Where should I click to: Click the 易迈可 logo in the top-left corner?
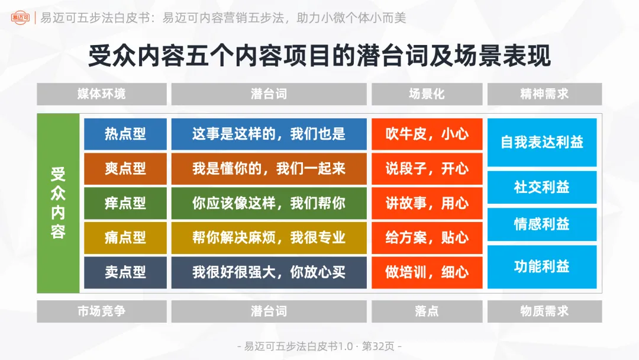(x=20, y=18)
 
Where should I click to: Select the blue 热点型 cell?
(x=125, y=134)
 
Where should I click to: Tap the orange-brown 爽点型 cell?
(x=125, y=168)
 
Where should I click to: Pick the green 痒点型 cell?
(x=125, y=203)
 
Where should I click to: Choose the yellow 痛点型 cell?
(x=125, y=237)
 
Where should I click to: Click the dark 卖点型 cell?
(x=125, y=272)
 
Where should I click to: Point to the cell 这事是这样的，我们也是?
(x=269, y=134)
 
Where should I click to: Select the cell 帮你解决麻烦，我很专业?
(x=269, y=237)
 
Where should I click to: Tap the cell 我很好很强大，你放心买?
(x=269, y=272)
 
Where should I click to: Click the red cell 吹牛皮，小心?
(x=427, y=134)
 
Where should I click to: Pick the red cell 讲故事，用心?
(x=427, y=203)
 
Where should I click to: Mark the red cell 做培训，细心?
(x=427, y=272)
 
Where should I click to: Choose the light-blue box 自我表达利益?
(x=542, y=142)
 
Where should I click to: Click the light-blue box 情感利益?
(x=542, y=224)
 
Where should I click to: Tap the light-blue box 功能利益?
(x=542, y=266)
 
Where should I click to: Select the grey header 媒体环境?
(x=101, y=94)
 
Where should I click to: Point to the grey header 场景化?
(x=427, y=94)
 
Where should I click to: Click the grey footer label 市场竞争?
(x=101, y=311)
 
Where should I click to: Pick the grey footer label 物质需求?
(x=544, y=311)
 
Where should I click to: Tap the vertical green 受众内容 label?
(x=58, y=203)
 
